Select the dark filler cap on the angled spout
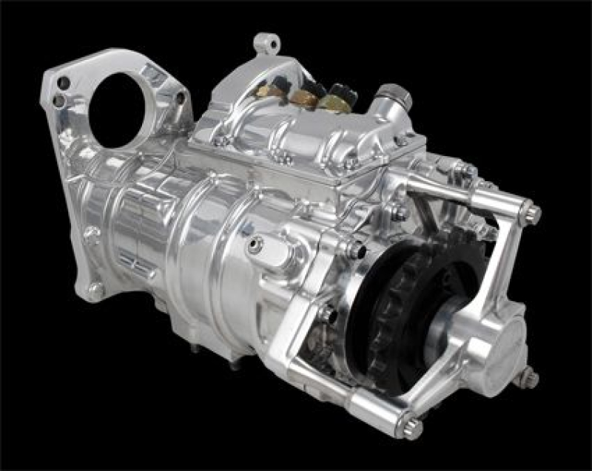[390, 95]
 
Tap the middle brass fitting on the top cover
[306, 94]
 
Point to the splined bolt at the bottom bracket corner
[411, 427]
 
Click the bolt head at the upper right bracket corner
[530, 215]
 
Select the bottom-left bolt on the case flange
[95, 289]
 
